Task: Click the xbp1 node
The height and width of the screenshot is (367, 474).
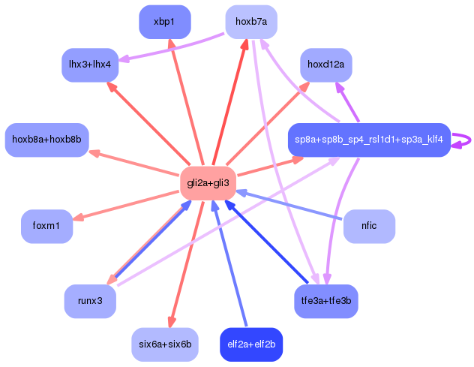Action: (165, 22)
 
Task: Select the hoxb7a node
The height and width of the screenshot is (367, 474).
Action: (251, 22)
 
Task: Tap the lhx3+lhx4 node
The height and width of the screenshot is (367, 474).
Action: (90, 65)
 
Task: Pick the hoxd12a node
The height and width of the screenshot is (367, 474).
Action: (325, 65)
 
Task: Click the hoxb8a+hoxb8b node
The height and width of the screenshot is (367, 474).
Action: (47, 140)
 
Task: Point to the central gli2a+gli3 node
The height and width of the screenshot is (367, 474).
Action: (208, 183)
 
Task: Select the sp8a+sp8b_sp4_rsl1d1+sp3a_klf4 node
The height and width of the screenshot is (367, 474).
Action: (368, 140)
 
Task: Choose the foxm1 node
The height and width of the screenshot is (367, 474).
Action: (47, 226)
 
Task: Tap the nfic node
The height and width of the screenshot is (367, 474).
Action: (368, 226)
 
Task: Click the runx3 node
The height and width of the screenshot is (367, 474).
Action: (90, 301)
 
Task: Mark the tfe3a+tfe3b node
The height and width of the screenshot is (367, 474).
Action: (325, 301)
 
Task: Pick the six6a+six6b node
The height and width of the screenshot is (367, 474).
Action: (165, 344)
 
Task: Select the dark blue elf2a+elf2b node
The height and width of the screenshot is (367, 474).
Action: (251, 344)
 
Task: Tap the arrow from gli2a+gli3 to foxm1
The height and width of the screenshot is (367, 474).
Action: (127, 204)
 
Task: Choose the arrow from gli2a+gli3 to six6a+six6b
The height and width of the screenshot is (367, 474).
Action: (187, 263)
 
